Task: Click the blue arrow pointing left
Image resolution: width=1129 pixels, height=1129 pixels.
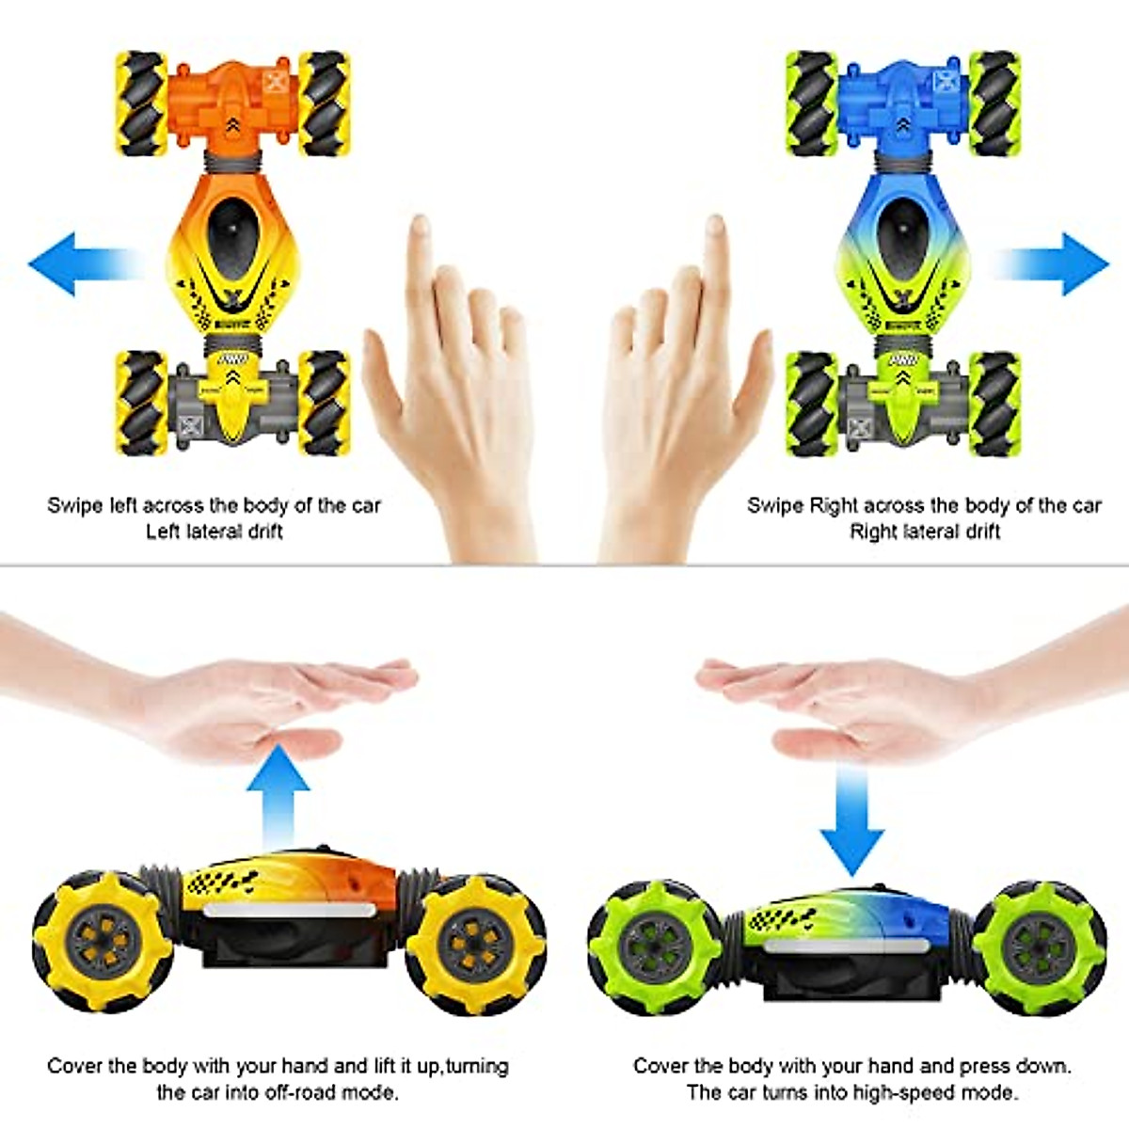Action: pos(71,263)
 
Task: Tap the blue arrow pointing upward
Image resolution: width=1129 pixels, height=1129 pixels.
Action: pos(284,790)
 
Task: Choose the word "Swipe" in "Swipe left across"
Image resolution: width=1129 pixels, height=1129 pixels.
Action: pos(74,505)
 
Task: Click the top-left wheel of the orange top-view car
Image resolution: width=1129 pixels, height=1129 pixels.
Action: pos(141,103)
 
